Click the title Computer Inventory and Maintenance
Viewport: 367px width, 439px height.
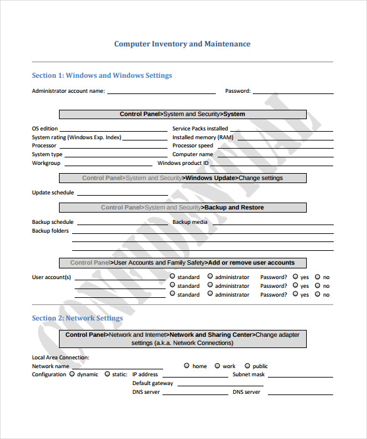click(182, 44)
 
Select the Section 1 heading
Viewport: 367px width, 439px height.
click(102, 75)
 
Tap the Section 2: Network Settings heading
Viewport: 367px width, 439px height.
click(77, 318)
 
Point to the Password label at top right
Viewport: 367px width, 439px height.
click(238, 91)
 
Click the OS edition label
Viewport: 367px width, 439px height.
click(45, 129)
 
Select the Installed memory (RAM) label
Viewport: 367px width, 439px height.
click(203, 137)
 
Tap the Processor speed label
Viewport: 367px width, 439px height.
click(193, 145)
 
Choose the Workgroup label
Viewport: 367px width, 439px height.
click(46, 163)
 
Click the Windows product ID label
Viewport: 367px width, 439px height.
click(183, 163)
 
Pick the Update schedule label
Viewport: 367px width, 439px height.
click(53, 193)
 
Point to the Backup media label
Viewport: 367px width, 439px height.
click(189, 222)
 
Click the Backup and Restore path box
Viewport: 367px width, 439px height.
click(183, 208)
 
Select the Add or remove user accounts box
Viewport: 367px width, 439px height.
click(183, 263)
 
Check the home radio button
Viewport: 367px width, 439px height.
click(186, 366)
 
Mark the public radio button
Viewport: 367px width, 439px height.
click(247, 366)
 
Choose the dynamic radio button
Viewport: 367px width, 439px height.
click(72, 374)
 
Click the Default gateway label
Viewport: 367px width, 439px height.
click(152, 383)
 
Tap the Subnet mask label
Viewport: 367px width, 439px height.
click(248, 374)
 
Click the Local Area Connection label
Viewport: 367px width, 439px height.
click(60, 357)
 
